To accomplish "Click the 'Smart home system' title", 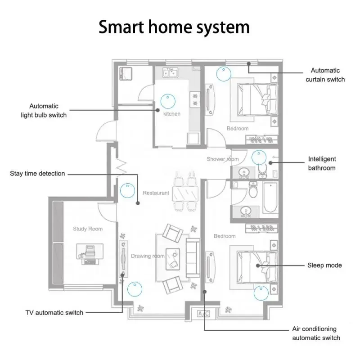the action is pos(174,27).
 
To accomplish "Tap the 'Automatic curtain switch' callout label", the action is pos(325,75).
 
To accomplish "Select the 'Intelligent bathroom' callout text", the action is pos(322,163).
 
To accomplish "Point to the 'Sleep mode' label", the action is pos(324,265).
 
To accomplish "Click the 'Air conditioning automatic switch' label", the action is pos(316,333).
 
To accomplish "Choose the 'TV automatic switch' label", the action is pos(54,313).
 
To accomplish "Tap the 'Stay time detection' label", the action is pos(37,174).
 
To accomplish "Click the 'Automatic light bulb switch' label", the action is pos(44,111).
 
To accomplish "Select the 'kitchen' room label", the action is pos(172,114).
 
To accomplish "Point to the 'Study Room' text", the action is pos(88,229).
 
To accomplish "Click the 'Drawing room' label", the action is pos(148,256).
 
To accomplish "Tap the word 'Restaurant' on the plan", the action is pos(156,193).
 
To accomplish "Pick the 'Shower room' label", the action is pos(222,159).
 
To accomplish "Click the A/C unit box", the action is pos(203,313).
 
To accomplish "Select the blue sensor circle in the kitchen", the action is pos(168,101).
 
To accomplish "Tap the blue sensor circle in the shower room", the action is pos(259,157).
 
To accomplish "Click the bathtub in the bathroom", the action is pos(270,197).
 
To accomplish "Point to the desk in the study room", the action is pos(90,252).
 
